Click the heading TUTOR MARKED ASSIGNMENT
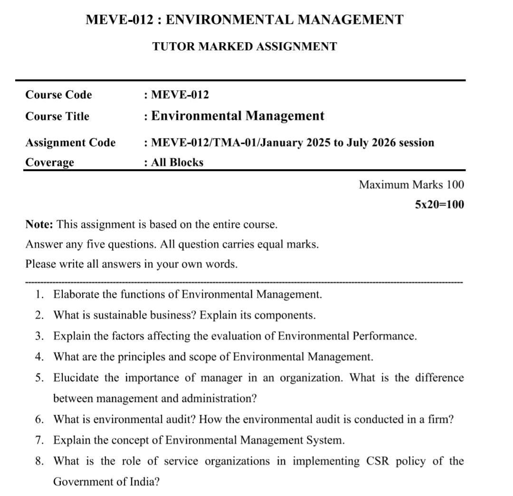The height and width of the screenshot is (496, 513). pyautogui.click(x=245, y=47)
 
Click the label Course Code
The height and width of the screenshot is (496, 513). pyautogui.click(x=58, y=95)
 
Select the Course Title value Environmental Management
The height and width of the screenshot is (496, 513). pyautogui.click(x=237, y=116)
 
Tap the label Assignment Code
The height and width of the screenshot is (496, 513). pyautogui.click(x=70, y=143)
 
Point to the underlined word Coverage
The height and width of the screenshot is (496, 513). pyautogui.click(x=49, y=162)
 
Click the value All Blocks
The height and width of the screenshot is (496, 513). pyautogui.click(x=177, y=162)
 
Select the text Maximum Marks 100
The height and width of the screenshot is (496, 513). pyautogui.click(x=411, y=184)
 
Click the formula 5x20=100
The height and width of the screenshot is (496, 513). pyautogui.click(x=439, y=205)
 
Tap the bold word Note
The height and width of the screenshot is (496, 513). pyautogui.click(x=39, y=224)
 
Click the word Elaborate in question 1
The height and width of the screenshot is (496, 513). pyautogui.click(x=76, y=295)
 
